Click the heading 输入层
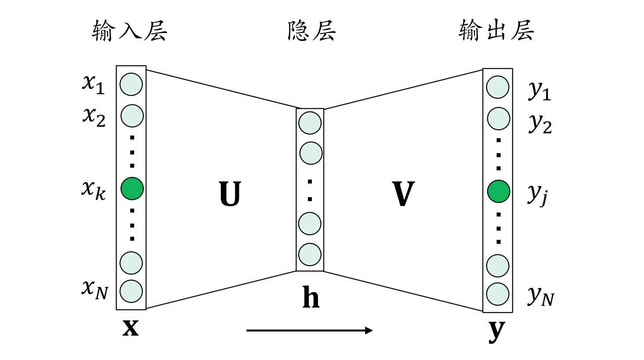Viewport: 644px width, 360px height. pos(129,31)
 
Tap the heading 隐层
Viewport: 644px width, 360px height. pos(311,31)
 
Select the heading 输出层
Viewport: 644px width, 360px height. pos(496,31)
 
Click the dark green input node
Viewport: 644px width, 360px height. pos(132,189)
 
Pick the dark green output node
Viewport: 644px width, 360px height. pos(498,191)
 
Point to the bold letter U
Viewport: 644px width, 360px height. pos(230,194)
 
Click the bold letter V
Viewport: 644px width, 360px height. pos(403,194)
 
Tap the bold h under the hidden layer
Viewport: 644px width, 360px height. pos(311,298)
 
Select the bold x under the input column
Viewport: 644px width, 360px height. pos(131,327)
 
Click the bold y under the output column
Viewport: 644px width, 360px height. pos(497,330)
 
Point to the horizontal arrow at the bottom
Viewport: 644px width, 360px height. pos(309,331)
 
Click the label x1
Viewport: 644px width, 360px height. pos(93,84)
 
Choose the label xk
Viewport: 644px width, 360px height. pos(93,190)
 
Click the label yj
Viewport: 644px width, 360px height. pos(537,194)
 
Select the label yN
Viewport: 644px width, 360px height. pos(541,296)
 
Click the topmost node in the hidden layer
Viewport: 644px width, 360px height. pos(310,123)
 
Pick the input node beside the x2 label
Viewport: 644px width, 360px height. pos(132,116)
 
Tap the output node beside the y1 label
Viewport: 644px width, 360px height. pos(498,87)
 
